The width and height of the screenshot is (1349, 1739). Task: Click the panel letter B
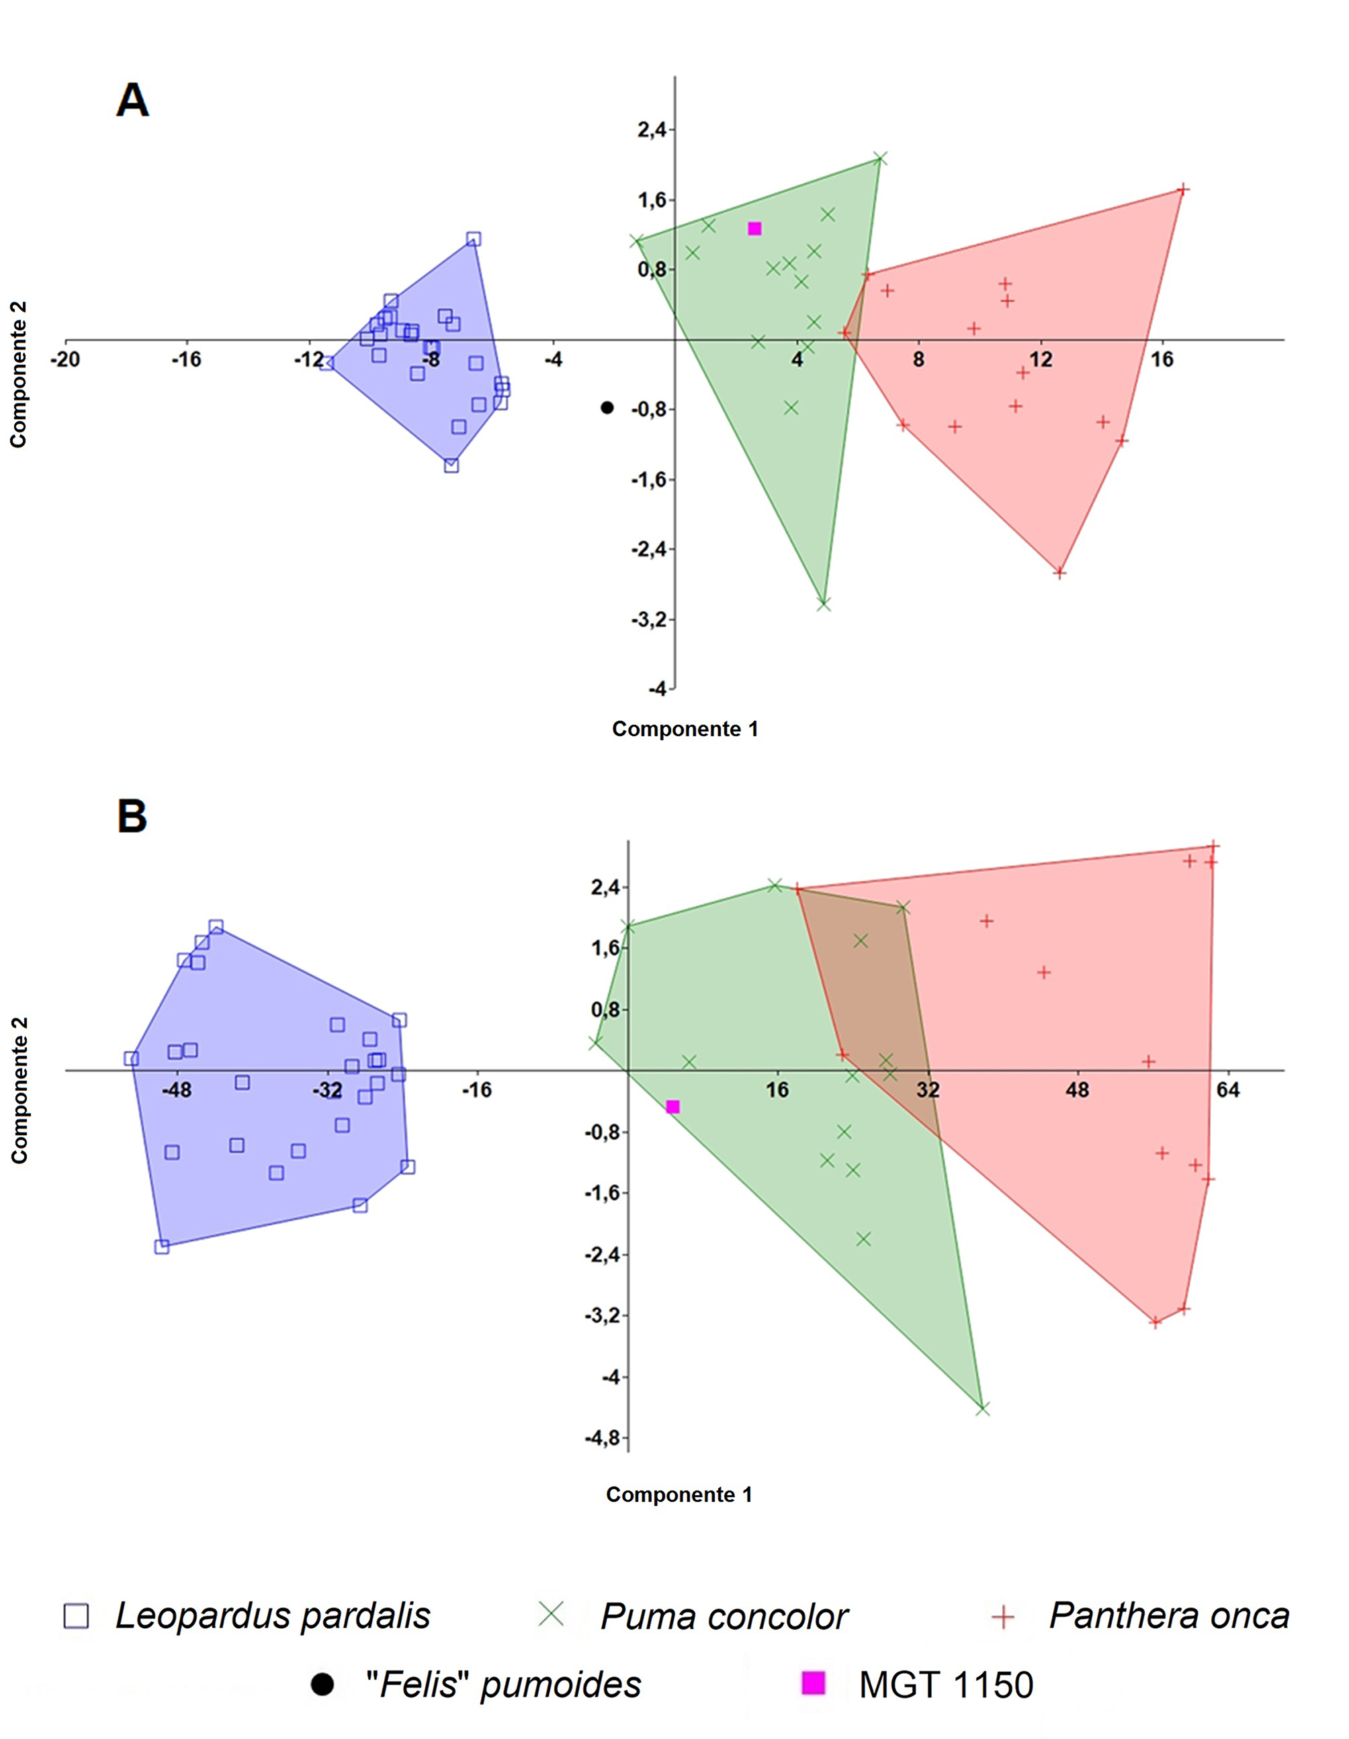click(132, 816)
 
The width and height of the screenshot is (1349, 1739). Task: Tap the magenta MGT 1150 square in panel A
click(755, 228)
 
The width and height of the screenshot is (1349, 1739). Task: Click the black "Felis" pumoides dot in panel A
click(607, 408)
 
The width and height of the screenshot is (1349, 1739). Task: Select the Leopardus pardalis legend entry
click(271, 1616)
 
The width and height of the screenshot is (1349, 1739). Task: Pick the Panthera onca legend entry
click(1168, 1616)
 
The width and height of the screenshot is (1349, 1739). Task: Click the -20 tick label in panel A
click(65, 360)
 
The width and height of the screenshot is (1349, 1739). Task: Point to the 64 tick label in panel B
click(1228, 1089)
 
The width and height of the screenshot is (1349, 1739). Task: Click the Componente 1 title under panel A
click(685, 729)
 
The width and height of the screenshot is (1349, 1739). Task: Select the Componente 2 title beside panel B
click(19, 1090)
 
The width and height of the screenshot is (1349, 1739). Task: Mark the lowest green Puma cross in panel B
click(983, 1409)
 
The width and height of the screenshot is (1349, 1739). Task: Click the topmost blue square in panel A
click(474, 239)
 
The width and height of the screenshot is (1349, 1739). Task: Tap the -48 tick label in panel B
click(177, 1089)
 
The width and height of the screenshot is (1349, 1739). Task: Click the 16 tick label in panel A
click(1162, 360)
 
